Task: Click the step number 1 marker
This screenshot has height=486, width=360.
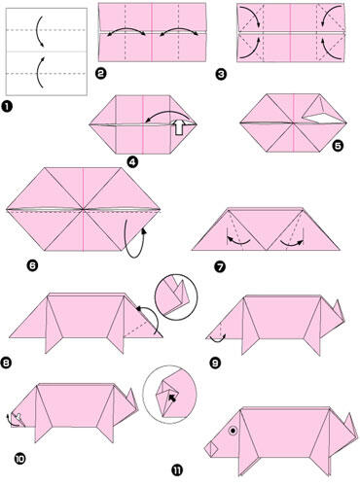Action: tap(7, 107)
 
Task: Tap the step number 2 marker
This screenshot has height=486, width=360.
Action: tap(101, 74)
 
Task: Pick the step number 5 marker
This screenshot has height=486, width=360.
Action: tap(338, 146)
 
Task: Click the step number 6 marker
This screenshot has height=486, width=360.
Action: tap(33, 265)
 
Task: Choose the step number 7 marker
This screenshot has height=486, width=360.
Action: tap(220, 267)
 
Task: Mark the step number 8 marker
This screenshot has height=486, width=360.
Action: tap(7, 363)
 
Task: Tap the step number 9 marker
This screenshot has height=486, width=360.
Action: tap(215, 363)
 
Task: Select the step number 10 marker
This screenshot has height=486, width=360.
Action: tap(19, 459)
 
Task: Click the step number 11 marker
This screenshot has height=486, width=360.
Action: tap(177, 469)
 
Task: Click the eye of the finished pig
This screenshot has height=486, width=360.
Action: tap(233, 431)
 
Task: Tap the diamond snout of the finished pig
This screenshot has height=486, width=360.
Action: tap(211, 449)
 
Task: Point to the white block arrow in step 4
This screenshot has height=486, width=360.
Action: tap(178, 127)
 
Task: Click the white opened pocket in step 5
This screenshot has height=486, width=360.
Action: tap(323, 118)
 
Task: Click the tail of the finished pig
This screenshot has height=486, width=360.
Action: tap(350, 424)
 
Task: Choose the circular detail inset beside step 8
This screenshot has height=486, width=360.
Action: tap(177, 297)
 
